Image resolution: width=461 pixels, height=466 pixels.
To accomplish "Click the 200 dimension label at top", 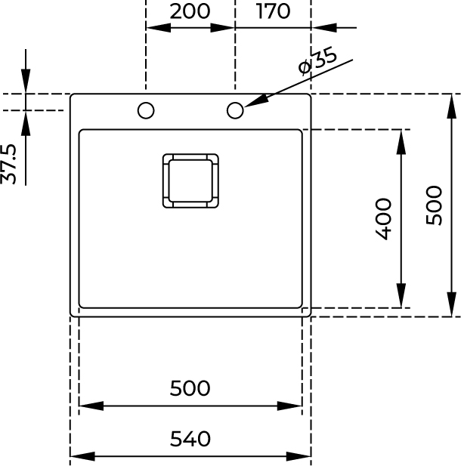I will coord(190,11).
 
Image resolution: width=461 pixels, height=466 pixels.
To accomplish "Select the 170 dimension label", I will coord(273,11).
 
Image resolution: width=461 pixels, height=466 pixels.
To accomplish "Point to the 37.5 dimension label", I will coord(10,163).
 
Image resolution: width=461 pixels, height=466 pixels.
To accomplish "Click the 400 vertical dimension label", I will coord(384,218).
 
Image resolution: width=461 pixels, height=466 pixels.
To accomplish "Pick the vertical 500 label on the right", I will coord(434,205).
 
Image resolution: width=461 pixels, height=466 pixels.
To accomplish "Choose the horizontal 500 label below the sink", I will coord(190,388).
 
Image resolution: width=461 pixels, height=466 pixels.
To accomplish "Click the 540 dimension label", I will coord(190,439).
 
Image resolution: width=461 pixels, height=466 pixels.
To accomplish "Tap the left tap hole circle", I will coord(146,111).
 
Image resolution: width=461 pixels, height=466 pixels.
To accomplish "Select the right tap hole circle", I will coord(235,111).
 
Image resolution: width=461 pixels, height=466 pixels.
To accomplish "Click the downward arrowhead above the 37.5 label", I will coord(26,83).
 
